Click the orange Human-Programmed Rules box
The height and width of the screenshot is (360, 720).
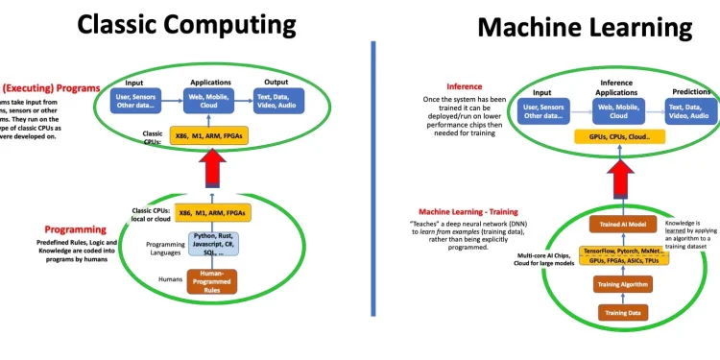click(212, 280)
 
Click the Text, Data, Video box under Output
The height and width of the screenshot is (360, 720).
click(277, 101)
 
